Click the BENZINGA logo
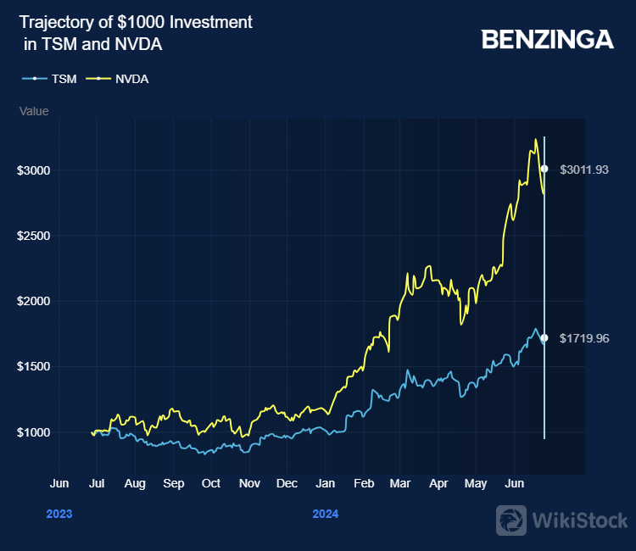point(547,39)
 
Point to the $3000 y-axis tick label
point(34,170)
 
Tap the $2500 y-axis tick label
point(34,236)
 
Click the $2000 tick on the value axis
point(34,301)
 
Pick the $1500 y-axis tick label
point(34,367)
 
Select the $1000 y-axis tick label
point(34,432)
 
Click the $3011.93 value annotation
point(584,170)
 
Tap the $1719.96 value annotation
point(584,338)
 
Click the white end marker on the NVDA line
point(544,169)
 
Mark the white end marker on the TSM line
point(544,338)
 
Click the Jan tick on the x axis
point(324,483)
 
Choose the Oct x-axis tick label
point(210,483)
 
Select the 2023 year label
point(59,514)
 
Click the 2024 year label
point(325,514)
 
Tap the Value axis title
point(34,111)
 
